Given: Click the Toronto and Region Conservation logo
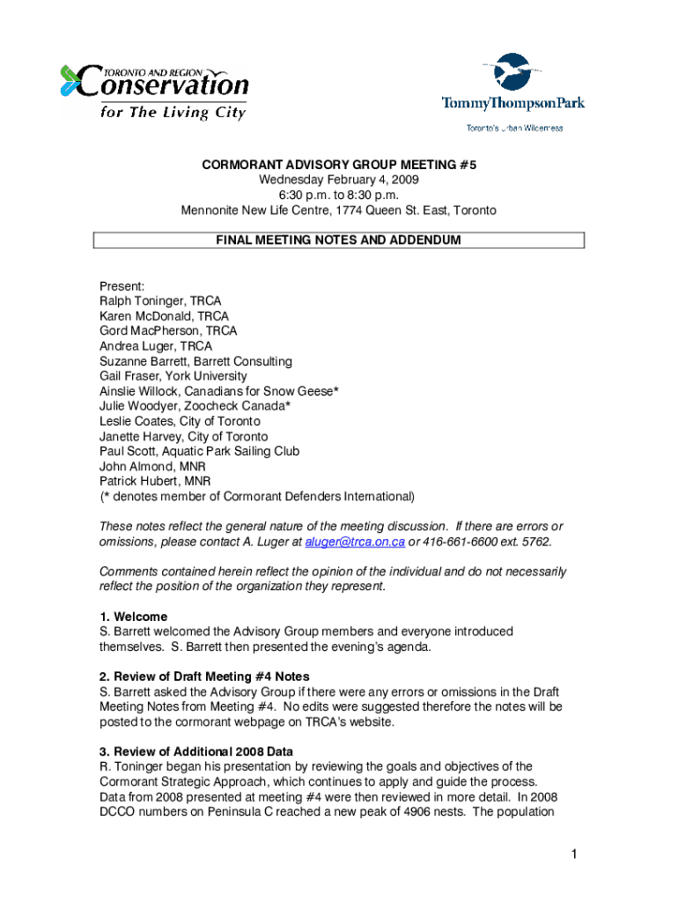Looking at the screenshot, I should pyautogui.click(x=154, y=91).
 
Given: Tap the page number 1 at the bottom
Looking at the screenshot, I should pyautogui.click(x=572, y=854).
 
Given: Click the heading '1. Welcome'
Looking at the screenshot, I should pyautogui.click(x=133, y=617).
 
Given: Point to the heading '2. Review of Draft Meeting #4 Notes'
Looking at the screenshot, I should pyautogui.click(x=204, y=676).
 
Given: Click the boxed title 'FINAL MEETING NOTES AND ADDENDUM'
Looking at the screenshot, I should pyautogui.click(x=339, y=240).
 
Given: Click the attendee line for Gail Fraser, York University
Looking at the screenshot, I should pyautogui.click(x=173, y=376).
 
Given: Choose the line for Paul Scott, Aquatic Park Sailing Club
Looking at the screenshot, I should pyautogui.click(x=199, y=451).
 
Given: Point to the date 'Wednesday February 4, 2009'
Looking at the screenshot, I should pyautogui.click(x=339, y=180).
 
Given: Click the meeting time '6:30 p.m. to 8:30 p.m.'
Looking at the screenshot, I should pyautogui.click(x=339, y=195).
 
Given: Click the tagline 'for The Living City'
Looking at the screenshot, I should pyautogui.click(x=173, y=112).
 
